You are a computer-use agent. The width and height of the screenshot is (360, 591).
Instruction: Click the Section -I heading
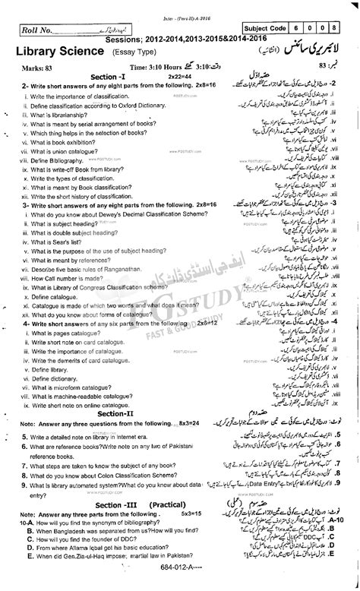click(84, 77)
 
